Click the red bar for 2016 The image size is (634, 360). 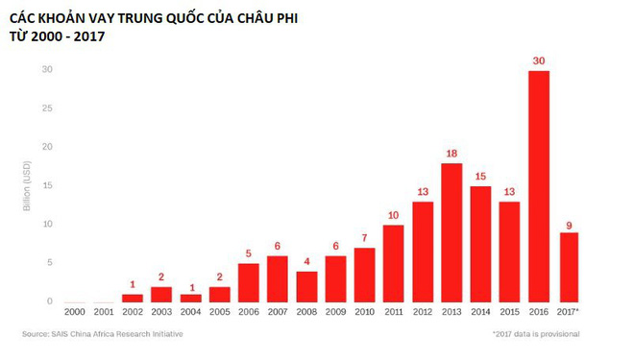point(539,187)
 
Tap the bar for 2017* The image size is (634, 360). point(569,268)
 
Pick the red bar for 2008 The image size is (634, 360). point(307,287)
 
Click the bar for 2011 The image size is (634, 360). point(394,264)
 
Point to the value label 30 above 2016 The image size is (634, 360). point(539,60)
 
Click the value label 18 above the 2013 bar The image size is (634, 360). point(452,154)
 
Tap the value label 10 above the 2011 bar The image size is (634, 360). point(394,215)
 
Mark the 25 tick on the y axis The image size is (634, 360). point(46,108)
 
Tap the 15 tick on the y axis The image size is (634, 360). point(46,185)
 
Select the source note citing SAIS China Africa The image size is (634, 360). point(103,334)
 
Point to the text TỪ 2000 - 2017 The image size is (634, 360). point(57,37)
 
